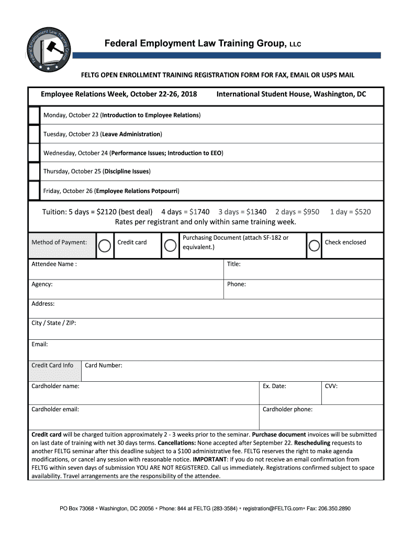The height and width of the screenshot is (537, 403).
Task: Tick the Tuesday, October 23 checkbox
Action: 34,134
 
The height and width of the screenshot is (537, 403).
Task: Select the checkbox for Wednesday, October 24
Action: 34,153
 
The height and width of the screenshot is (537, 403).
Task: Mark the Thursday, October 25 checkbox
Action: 34,171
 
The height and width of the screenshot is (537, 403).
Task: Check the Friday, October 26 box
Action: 34,190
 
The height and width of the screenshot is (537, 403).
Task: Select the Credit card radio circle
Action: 105,245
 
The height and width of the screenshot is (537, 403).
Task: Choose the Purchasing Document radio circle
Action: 170,245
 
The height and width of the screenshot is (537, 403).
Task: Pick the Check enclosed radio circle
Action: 315,245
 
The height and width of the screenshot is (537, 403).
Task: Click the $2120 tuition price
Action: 104,212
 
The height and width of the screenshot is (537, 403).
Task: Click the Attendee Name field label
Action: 54,264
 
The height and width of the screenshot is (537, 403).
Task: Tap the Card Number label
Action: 104,366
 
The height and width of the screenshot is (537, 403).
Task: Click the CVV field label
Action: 331,386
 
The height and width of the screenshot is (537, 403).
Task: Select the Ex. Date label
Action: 274,386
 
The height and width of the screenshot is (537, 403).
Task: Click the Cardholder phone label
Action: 287,410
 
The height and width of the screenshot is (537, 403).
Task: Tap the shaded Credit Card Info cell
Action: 53,366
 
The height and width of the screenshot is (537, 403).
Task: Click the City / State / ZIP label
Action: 54,323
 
